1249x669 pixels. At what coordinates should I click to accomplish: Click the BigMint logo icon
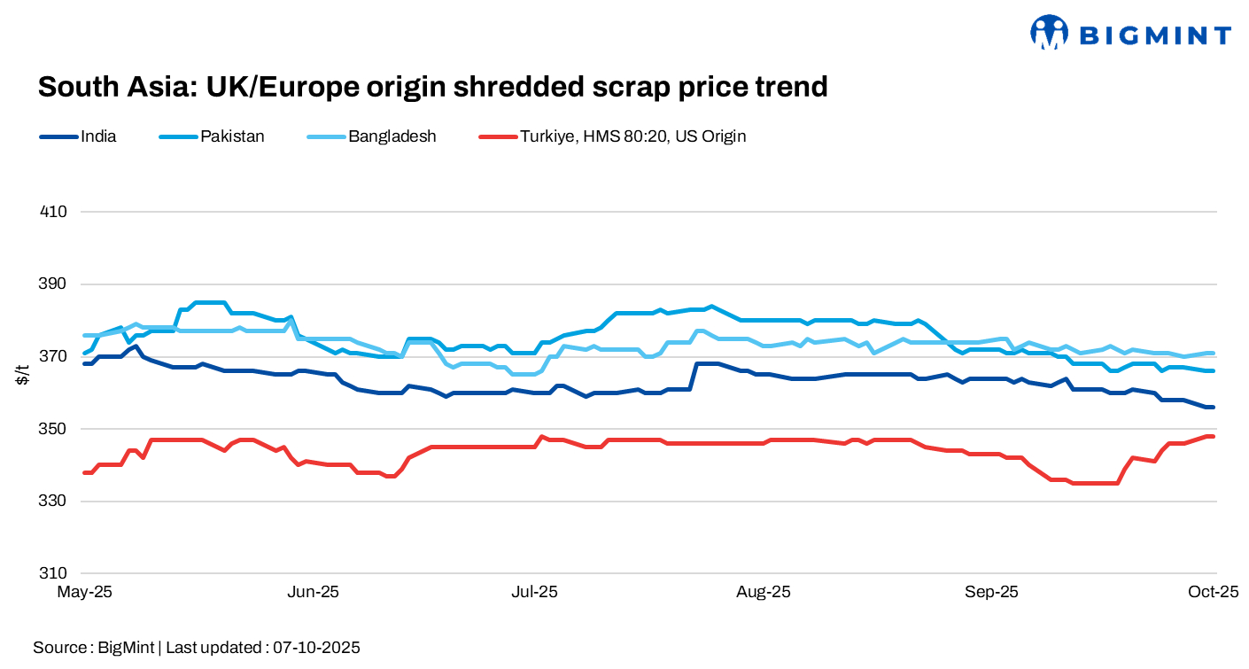[x=1050, y=33]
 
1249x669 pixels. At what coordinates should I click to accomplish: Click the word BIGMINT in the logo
[x=1155, y=35]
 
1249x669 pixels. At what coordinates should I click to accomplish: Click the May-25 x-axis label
[x=84, y=592]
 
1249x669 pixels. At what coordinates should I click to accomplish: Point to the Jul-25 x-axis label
[x=535, y=592]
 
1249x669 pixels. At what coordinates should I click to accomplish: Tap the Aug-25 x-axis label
[x=764, y=592]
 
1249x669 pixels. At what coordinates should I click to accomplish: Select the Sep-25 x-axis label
[x=991, y=592]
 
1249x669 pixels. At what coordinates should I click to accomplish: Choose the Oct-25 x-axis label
[x=1214, y=592]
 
